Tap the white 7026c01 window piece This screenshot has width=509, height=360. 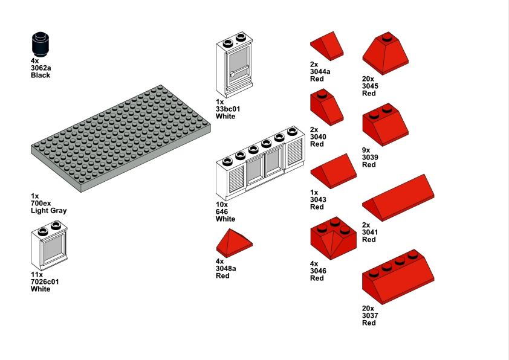coord(49,247)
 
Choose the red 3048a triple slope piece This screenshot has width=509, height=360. coord(234,243)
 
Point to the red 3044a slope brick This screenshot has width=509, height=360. coord(327,47)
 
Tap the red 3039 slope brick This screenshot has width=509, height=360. coord(384,126)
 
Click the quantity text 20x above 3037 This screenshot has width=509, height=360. coord(368,308)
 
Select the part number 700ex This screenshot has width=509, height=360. coord(41,204)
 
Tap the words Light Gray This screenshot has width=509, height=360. coord(48,211)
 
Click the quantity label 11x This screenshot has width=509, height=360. coord(37,274)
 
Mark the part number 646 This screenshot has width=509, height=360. coord(222,212)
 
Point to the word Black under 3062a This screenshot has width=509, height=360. coord(41,76)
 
